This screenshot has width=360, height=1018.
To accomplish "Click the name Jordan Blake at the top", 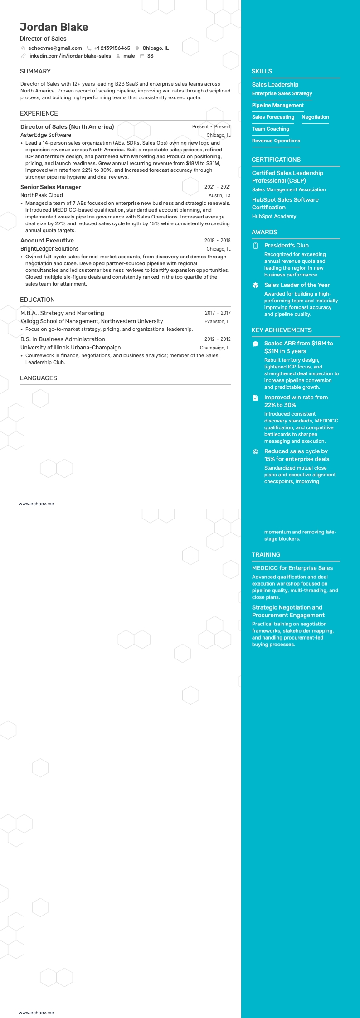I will coord(54,27).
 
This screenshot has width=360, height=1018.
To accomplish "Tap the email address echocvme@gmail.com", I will coord(55,48).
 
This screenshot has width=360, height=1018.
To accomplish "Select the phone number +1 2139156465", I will coord(112,48).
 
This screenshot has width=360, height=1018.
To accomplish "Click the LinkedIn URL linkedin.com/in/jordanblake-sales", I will coord(69,56).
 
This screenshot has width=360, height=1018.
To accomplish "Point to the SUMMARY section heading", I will coord(35,71).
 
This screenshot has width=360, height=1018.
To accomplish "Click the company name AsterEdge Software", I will coord(46,135).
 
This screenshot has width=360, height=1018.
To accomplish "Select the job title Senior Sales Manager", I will coord(51,187).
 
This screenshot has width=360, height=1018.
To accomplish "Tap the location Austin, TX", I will coord(219,195).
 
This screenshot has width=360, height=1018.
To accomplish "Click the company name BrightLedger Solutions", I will coord(49,249).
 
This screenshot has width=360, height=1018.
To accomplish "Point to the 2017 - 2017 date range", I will coord(218,313).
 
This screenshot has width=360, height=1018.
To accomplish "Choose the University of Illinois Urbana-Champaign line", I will coord(71,348).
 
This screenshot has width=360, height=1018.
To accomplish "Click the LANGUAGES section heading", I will coord(39,378).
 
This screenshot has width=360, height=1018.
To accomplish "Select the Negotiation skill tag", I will coord(315,117).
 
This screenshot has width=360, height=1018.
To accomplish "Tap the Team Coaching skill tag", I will coord(271,129).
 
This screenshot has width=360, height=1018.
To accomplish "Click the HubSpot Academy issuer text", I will coord(274,216).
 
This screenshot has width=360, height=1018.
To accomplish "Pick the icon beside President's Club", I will coord(255,246).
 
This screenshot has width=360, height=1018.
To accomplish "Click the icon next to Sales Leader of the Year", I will coord(255,285).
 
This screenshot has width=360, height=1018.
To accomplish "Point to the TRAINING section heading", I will coord(266,554).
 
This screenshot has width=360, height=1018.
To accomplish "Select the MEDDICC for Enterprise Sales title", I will coord(292,568).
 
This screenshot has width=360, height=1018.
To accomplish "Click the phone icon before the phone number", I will coord(89,48).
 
